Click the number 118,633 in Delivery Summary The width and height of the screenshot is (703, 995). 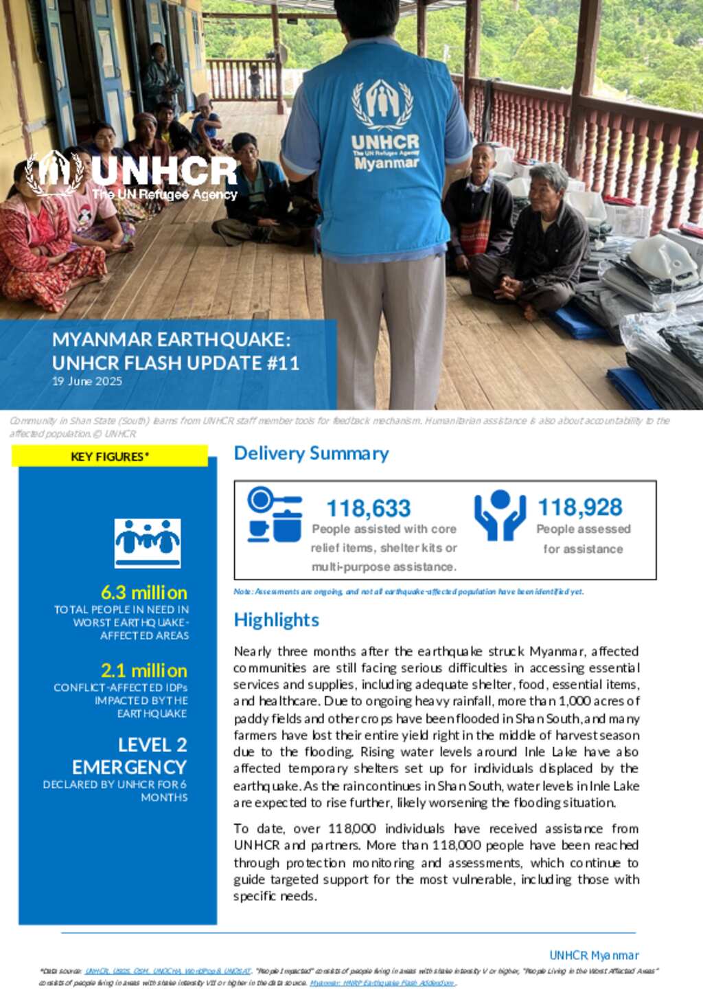click(x=368, y=508)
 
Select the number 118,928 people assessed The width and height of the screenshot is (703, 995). click(x=579, y=507)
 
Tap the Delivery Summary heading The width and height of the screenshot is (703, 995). click(x=311, y=453)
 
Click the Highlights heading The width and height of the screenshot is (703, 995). click(x=276, y=619)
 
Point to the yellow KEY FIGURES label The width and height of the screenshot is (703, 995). click(x=110, y=456)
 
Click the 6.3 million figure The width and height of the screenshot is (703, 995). click(x=143, y=592)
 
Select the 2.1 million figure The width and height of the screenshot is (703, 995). click(x=143, y=670)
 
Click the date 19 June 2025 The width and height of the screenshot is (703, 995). click(x=87, y=381)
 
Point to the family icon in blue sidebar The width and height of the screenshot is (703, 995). click(x=148, y=542)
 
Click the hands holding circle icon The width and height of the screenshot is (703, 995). click(x=500, y=515)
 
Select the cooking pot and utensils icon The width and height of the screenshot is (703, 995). click(x=275, y=515)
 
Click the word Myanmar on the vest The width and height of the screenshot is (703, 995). click(x=387, y=163)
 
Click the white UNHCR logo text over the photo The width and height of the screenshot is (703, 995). click(x=163, y=170)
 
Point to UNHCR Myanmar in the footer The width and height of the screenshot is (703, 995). click(x=594, y=955)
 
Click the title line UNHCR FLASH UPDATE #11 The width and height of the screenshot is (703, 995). click(x=176, y=363)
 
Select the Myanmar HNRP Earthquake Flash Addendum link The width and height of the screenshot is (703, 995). click(x=382, y=983)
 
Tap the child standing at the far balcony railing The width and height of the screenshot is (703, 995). click(x=255, y=81)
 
